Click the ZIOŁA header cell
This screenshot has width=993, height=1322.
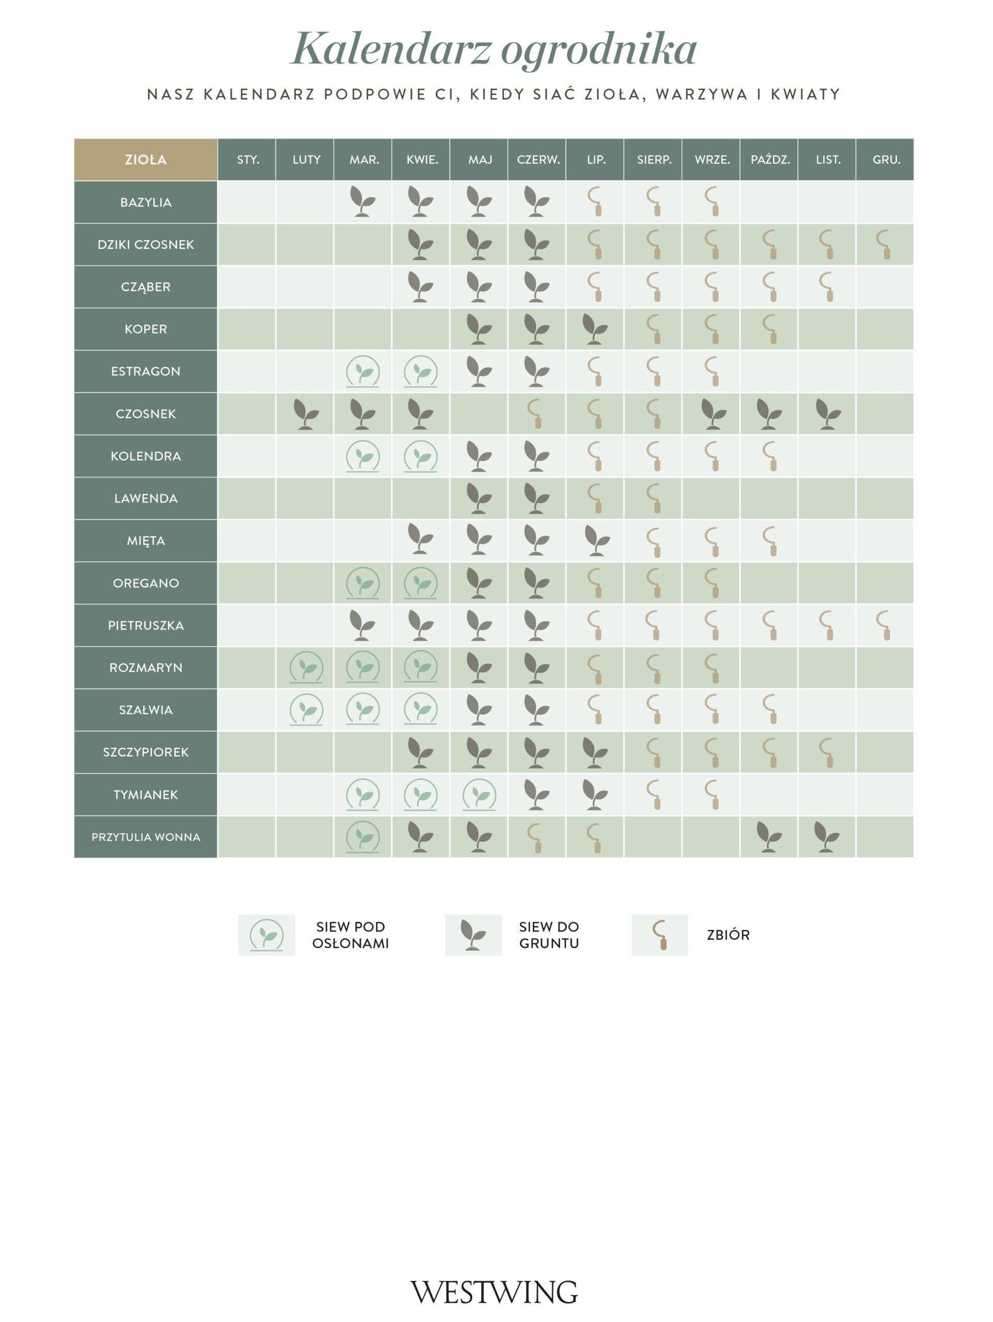[145, 160]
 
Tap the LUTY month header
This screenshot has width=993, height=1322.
[306, 160]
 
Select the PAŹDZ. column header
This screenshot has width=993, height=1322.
[769, 160]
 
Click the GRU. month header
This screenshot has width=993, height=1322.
[886, 160]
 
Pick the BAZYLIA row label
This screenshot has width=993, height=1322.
[145, 202]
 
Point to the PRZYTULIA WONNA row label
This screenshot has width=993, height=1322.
[145, 837]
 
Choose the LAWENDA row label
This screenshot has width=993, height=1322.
[145, 498]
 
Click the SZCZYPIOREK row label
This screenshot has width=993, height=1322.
[145, 752]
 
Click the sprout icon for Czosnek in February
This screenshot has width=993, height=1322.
[306, 414]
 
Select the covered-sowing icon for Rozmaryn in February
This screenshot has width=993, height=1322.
[306, 667]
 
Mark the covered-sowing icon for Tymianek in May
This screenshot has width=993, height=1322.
[479, 794]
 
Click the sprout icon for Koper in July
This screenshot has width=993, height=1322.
[594, 329]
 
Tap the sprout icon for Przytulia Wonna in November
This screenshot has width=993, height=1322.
[827, 837]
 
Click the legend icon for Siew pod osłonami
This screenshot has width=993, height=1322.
[266, 935]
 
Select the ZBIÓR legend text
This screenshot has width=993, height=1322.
[728, 935]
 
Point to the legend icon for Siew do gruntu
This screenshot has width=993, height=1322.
[472, 935]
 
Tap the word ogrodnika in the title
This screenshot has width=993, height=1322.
[598, 49]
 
